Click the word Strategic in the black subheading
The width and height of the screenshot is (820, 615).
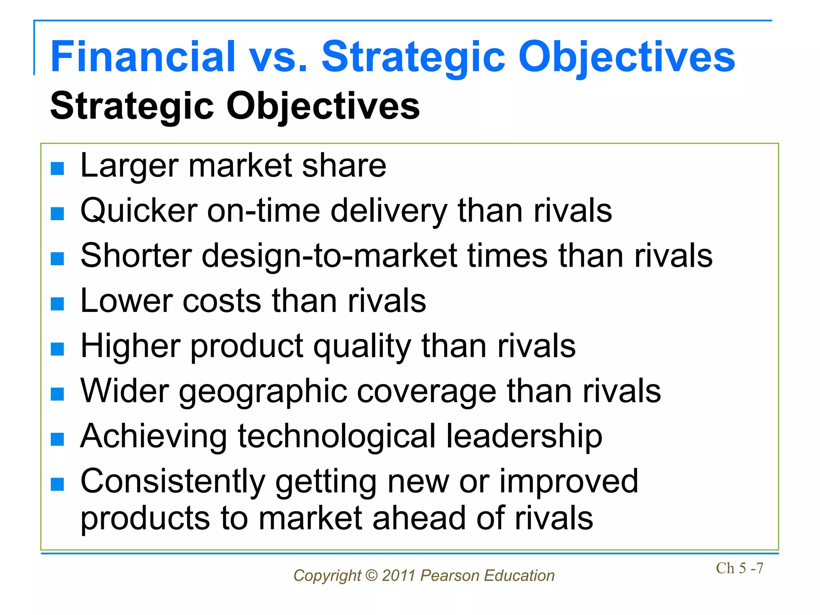click(x=132, y=106)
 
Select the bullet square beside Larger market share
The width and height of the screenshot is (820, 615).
click(x=58, y=169)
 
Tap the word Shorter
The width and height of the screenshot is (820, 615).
click(x=136, y=256)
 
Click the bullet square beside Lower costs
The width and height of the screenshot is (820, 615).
click(x=58, y=304)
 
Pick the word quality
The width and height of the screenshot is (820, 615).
click(x=362, y=346)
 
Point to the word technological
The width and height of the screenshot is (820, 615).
click(x=337, y=436)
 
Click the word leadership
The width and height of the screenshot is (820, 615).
click(x=524, y=436)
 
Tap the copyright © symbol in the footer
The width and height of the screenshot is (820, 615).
click(x=372, y=576)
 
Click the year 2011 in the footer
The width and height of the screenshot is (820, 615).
click(x=398, y=576)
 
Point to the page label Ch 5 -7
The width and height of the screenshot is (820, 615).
click(x=740, y=568)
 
